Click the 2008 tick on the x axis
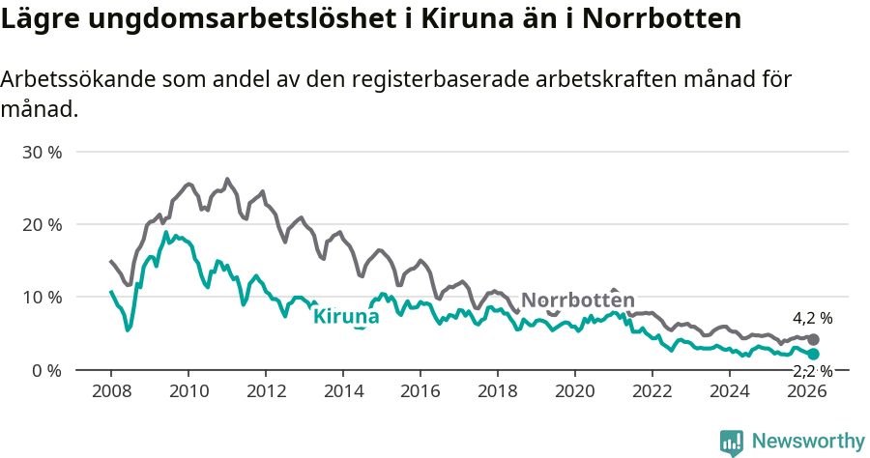[x=111, y=391]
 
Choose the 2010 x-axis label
[x=188, y=391]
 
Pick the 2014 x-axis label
[x=343, y=391]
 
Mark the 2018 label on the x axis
[x=498, y=391]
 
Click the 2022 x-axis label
[x=652, y=391]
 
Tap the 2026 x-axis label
[x=807, y=391]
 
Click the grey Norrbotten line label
[x=578, y=300]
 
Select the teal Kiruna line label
[x=346, y=315]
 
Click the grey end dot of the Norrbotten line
[x=814, y=339]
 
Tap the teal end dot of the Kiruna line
[x=814, y=355]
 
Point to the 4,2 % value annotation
[x=812, y=318]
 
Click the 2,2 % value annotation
[x=812, y=371]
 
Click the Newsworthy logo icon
[x=732, y=443]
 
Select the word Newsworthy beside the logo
[x=808, y=442]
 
